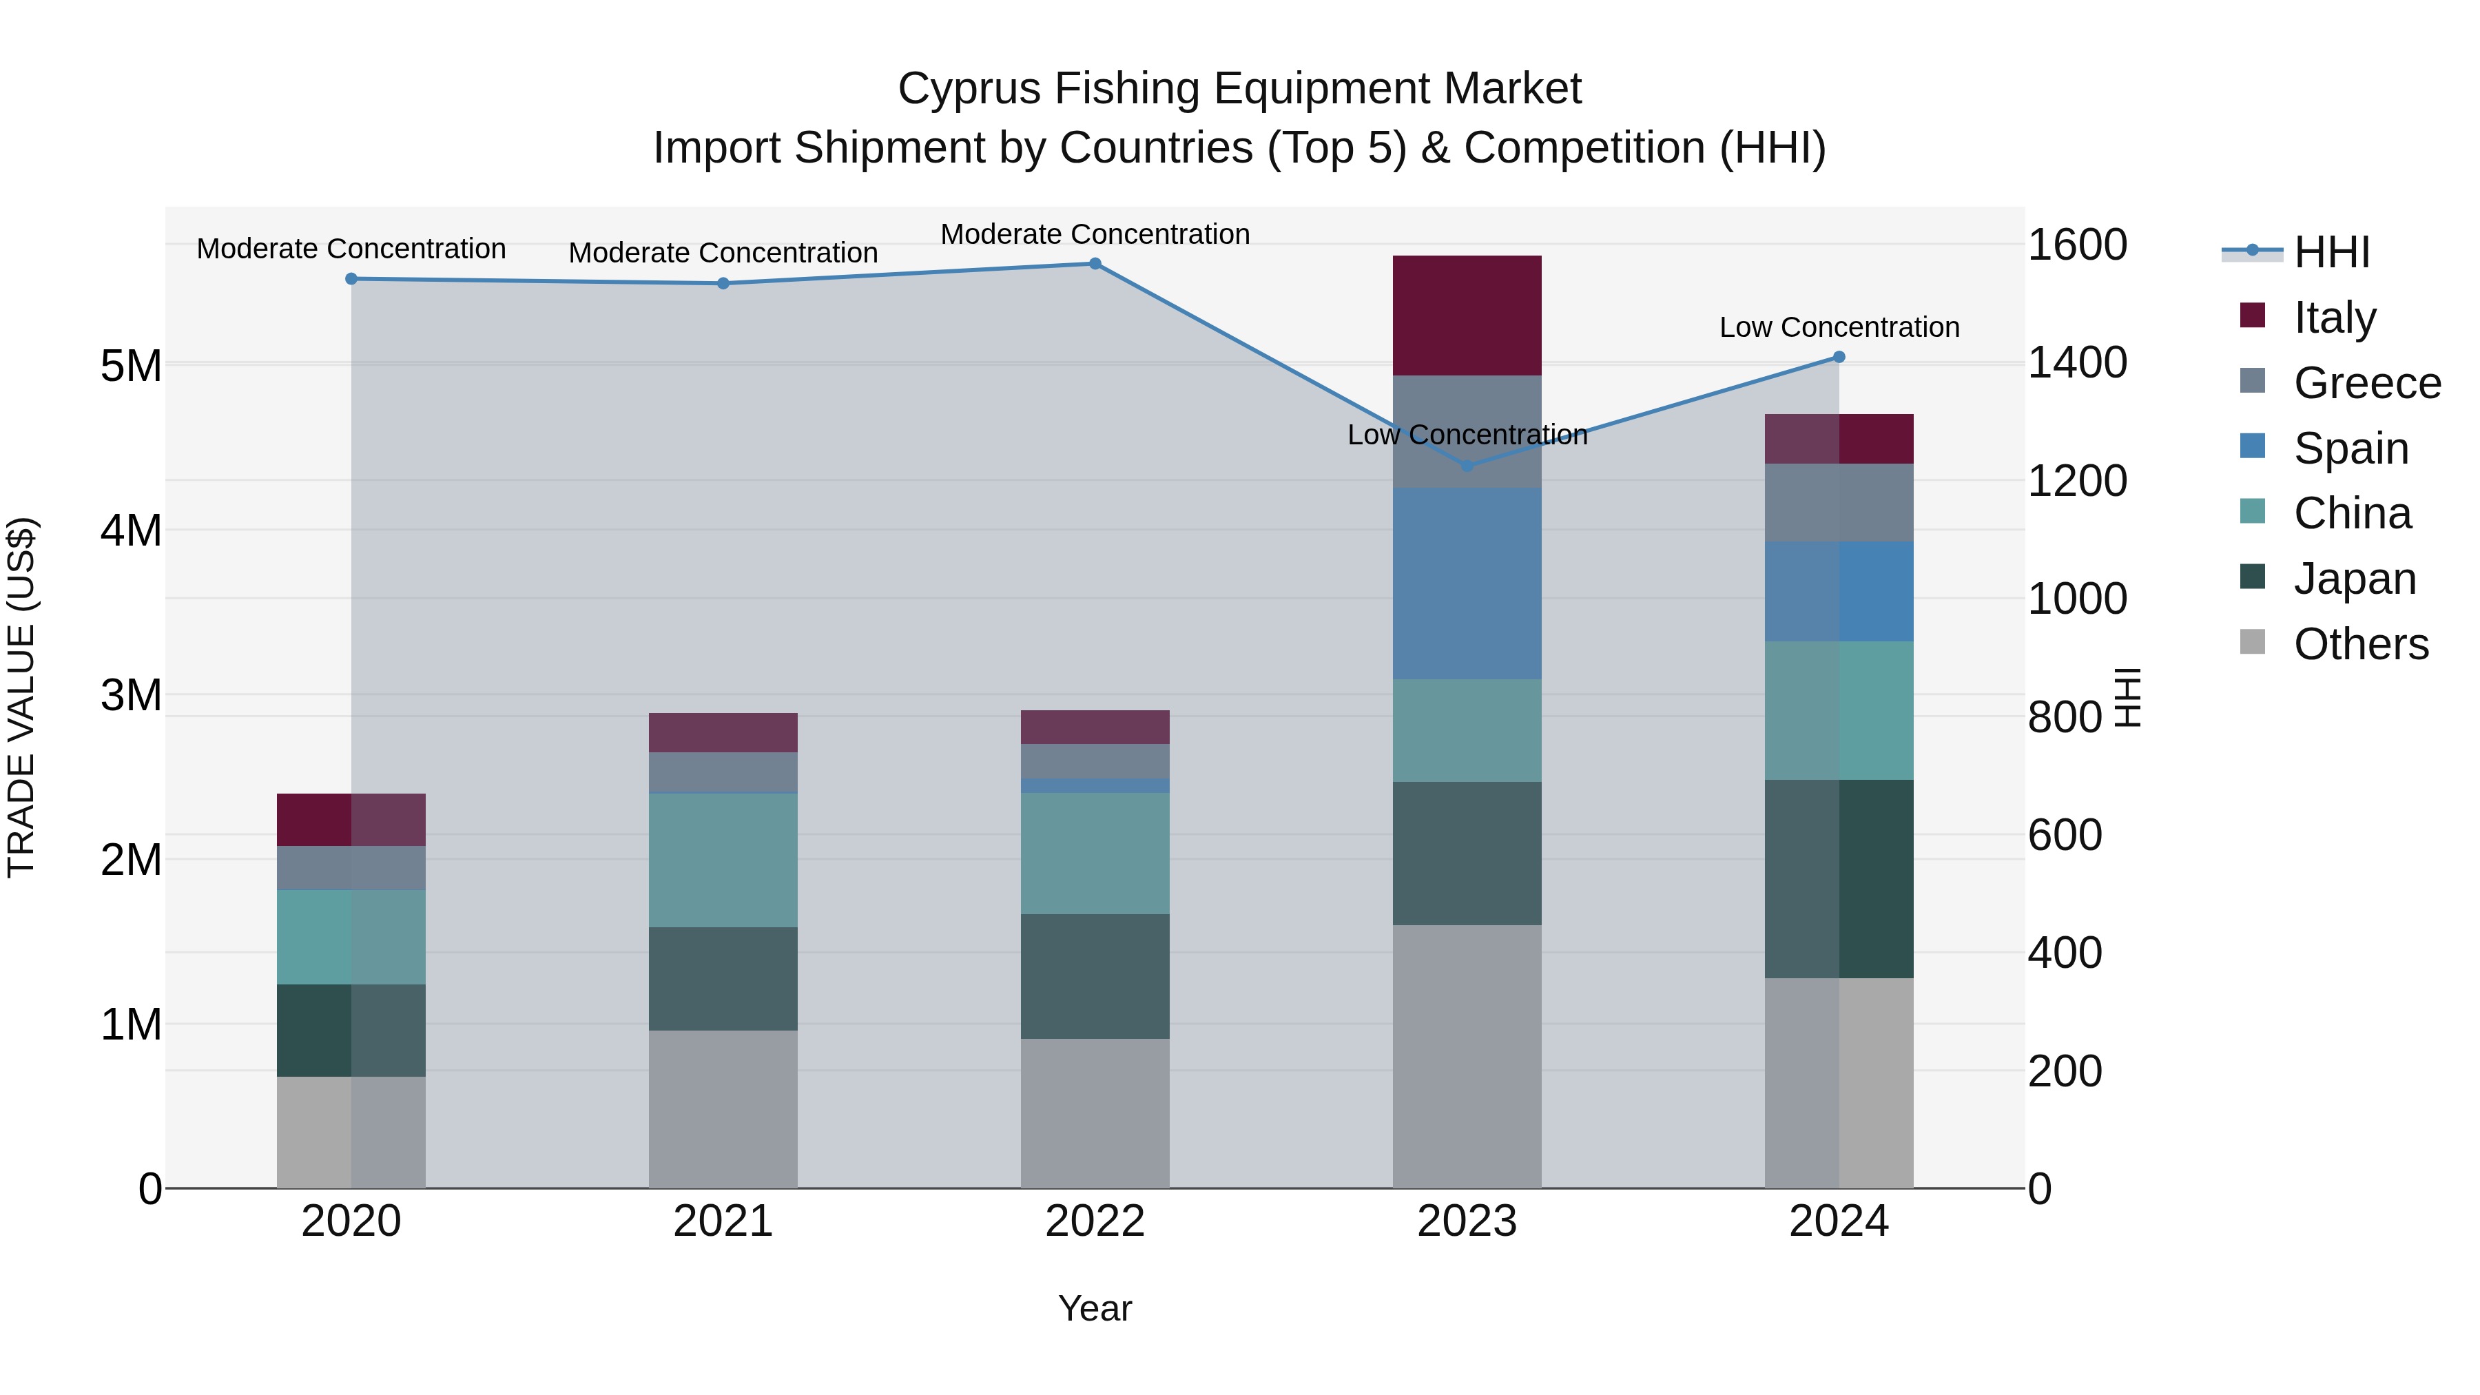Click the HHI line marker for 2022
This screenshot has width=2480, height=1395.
pos(1095,264)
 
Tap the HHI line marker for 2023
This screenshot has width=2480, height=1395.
pos(1467,466)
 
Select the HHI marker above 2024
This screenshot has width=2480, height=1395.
pos(1839,357)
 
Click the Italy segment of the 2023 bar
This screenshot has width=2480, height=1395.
pos(1467,316)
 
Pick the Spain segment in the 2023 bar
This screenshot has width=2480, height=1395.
pos(1467,583)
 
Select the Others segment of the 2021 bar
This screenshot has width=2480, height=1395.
pos(723,1109)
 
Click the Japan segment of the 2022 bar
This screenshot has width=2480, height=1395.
pos(1095,976)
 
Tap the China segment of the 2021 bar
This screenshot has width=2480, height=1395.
pos(723,860)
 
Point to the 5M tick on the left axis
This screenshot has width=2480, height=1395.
pos(131,366)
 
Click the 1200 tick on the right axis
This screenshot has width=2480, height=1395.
pos(2076,480)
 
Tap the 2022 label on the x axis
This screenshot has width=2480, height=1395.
pos(1095,1221)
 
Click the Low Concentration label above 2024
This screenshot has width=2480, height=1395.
pos(1839,327)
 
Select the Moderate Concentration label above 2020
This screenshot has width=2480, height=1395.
pos(351,249)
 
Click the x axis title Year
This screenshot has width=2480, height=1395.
pos(1095,1308)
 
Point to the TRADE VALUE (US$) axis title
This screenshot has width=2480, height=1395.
pos(21,697)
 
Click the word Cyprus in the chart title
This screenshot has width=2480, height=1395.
pos(969,89)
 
